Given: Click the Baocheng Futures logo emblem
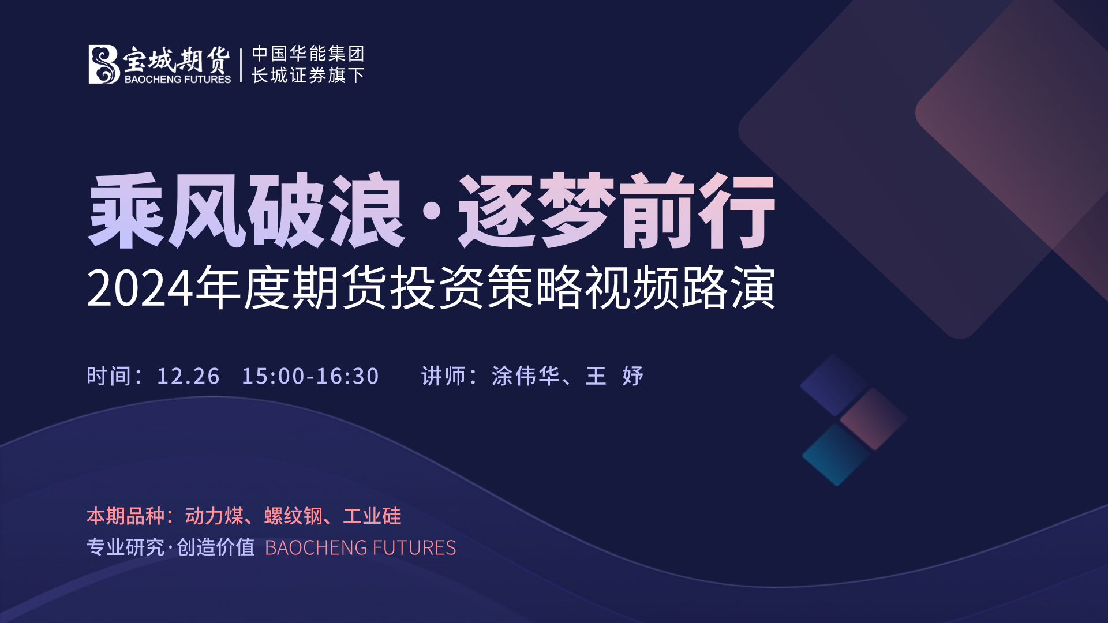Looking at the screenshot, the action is [x=104, y=65].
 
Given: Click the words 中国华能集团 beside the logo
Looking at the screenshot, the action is [x=308, y=54].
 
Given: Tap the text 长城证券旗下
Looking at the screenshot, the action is [x=308, y=75].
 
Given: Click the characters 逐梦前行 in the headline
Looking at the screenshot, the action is [x=616, y=211].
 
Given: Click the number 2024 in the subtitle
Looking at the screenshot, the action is [x=140, y=289].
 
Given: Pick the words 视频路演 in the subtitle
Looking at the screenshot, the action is [x=680, y=288].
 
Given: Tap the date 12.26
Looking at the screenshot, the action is [x=188, y=376].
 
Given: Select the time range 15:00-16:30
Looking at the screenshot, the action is [x=310, y=376].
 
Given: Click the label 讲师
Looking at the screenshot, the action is [x=443, y=376].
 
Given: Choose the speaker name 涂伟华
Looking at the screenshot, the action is [x=526, y=376].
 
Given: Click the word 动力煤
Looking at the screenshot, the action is [x=215, y=516].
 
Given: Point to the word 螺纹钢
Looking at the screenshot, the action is [x=293, y=516].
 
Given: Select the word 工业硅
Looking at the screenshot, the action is [x=372, y=516].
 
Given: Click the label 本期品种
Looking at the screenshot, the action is [x=126, y=516].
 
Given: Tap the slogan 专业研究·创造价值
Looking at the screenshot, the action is [x=171, y=547].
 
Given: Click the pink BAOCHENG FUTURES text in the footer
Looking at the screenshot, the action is [x=361, y=547].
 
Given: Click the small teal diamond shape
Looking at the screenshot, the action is [x=837, y=455].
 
